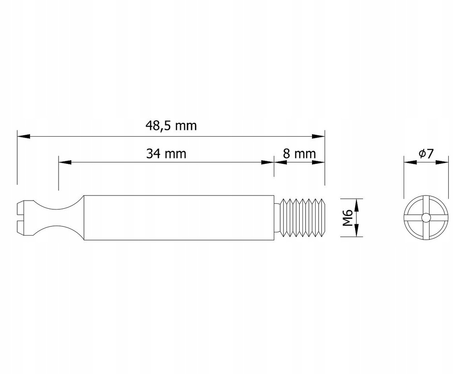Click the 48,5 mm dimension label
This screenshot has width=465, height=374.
[171, 126]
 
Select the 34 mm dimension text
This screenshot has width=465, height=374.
[166, 153]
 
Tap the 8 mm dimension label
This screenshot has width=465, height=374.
[299, 153]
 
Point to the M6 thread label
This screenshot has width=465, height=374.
[348, 218]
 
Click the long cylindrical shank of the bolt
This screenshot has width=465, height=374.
[179, 218]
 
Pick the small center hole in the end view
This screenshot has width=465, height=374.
[425, 218]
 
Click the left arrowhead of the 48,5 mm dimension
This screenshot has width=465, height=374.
[22, 136]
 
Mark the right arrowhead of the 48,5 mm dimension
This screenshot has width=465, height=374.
[320, 136]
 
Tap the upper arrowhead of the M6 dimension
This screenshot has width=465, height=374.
[356, 203]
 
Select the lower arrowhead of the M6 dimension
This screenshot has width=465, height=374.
[356, 232]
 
